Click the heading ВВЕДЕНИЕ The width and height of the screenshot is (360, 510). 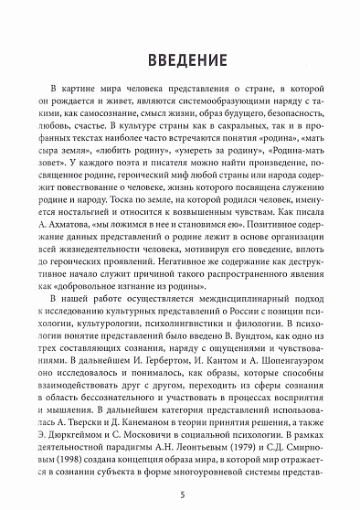coord(179,61)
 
